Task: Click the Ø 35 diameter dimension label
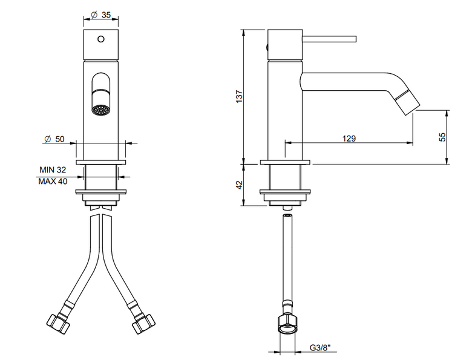[x=101, y=15]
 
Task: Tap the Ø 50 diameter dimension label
[x=54, y=139]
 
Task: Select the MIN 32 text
[x=53, y=170]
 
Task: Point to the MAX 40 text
[x=53, y=181]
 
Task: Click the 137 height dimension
[x=239, y=97]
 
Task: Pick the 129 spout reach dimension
[x=349, y=139]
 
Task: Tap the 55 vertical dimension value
[x=442, y=137]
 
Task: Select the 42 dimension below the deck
[x=239, y=185]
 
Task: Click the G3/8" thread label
[x=320, y=348]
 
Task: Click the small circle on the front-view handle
[x=101, y=39]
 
